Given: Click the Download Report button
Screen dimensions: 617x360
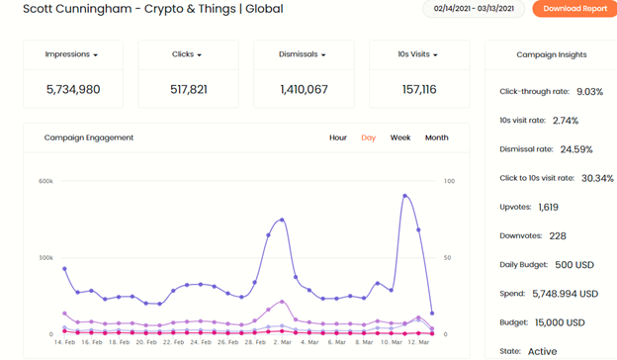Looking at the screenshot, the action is click(x=574, y=9).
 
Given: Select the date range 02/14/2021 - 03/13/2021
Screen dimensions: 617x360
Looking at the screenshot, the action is click(x=474, y=9).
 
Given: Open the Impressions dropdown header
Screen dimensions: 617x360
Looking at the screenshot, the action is click(x=71, y=54).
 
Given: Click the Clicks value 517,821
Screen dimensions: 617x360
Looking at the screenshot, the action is click(x=189, y=89).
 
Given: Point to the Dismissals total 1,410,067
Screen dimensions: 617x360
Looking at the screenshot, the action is click(x=304, y=89).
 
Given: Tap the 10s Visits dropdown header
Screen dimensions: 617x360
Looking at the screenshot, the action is click(x=417, y=54).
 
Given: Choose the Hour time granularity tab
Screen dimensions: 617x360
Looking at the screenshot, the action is click(x=338, y=137).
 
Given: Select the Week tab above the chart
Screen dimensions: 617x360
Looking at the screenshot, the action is click(x=400, y=137).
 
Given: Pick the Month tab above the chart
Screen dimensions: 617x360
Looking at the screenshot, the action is click(x=436, y=137).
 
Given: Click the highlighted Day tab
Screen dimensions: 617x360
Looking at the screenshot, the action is click(x=368, y=137).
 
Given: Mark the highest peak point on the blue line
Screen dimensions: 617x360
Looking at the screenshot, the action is click(x=405, y=196).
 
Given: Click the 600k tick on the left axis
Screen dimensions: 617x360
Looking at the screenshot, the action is click(x=45, y=181).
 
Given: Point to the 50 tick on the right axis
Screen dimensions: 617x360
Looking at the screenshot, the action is click(x=447, y=258).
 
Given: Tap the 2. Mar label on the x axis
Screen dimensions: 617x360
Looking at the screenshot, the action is click(x=283, y=342).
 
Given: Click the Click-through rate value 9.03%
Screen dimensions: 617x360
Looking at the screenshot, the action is click(x=590, y=92).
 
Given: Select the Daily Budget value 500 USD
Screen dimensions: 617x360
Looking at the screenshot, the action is click(x=574, y=265).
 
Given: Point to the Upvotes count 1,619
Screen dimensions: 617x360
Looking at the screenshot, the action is click(x=548, y=207).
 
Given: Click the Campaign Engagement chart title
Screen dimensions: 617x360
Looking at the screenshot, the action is click(x=89, y=137).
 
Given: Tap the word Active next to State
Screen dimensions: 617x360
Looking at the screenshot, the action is click(x=542, y=351).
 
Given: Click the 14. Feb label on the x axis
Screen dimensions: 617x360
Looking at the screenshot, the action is click(x=64, y=342).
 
